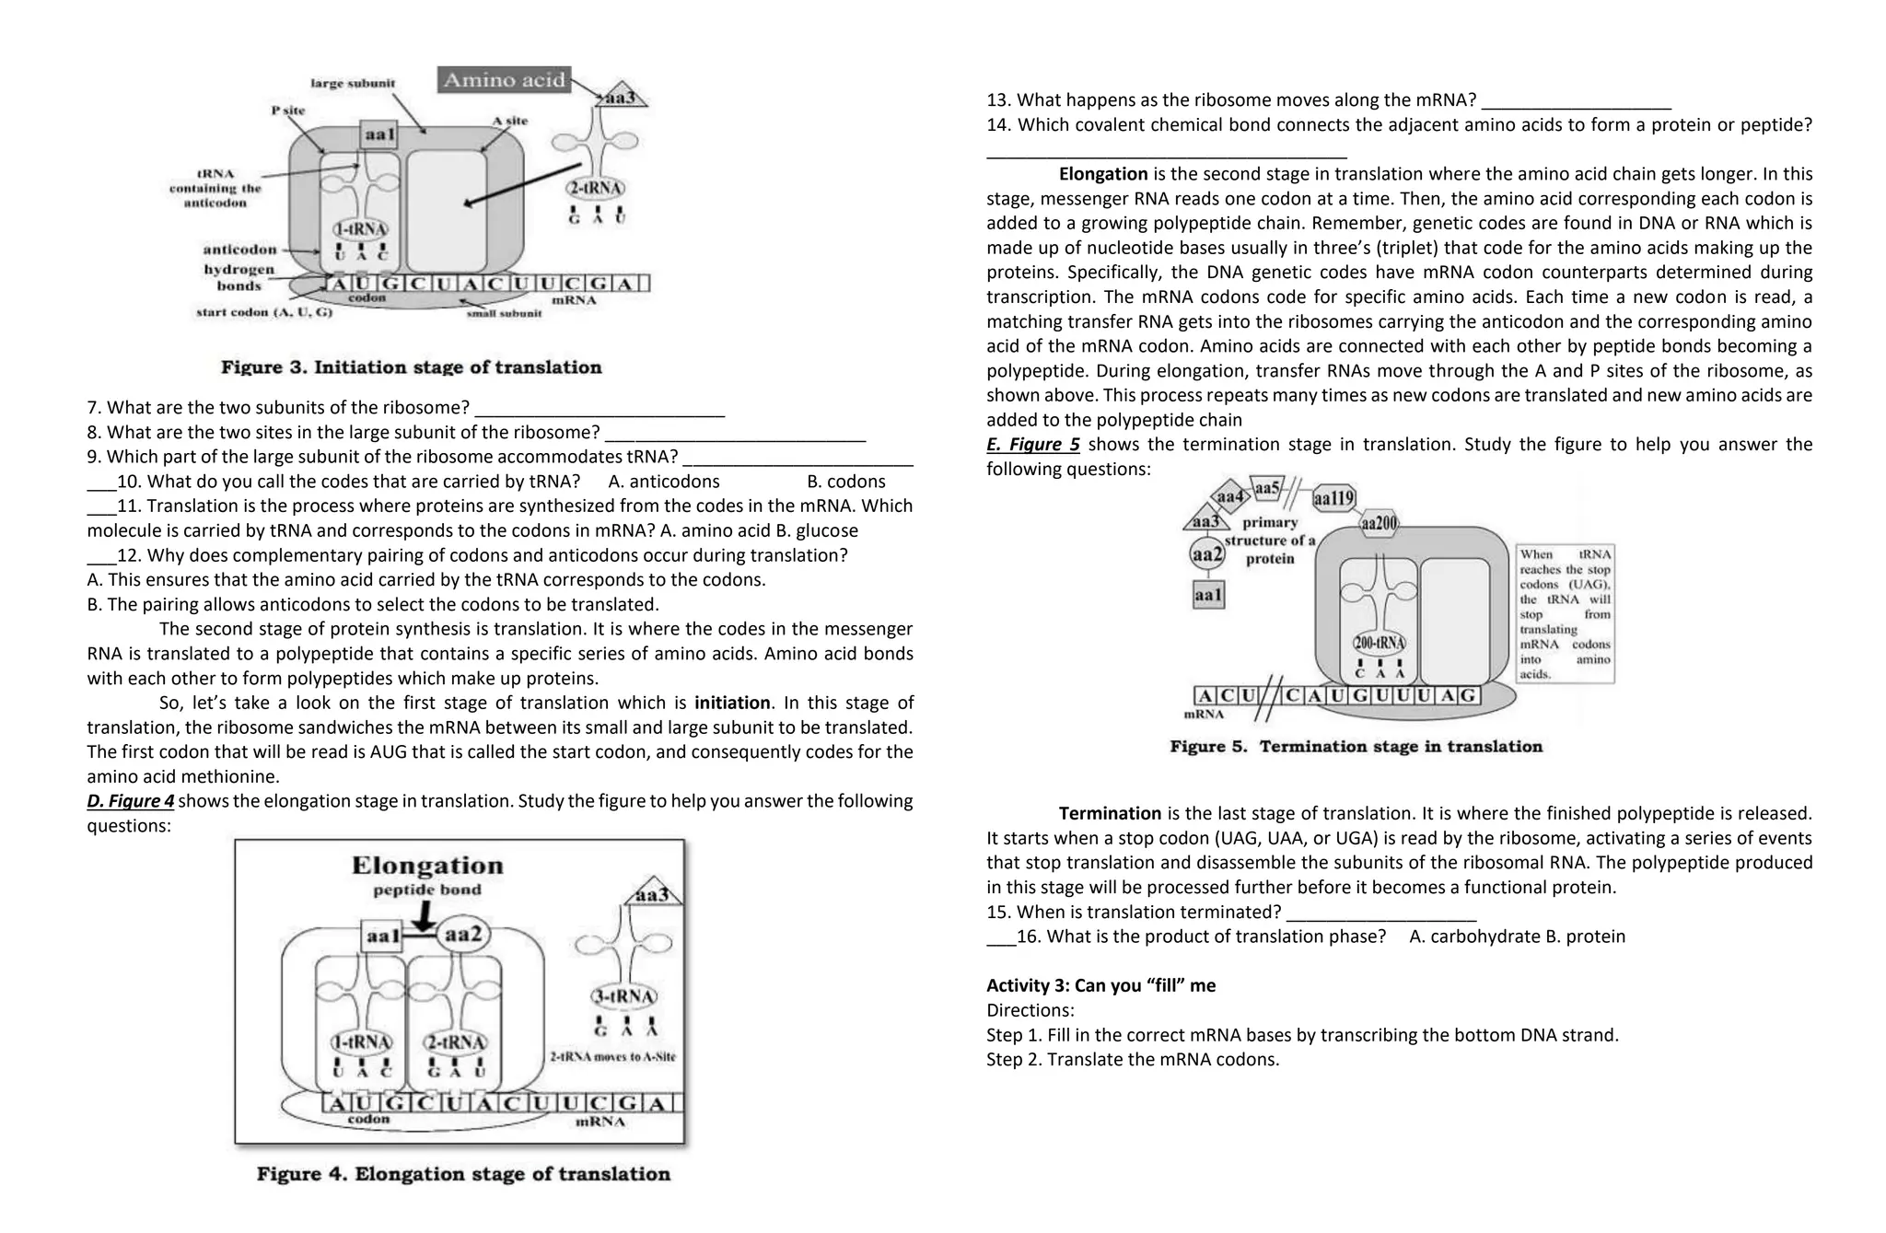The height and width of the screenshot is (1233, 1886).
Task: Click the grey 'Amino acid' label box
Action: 504,80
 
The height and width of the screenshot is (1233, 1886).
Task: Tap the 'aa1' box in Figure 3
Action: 379,134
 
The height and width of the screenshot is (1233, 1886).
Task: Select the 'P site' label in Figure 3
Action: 287,111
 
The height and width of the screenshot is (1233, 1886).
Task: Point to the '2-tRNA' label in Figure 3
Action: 596,189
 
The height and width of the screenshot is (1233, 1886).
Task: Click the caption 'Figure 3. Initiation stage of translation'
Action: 411,367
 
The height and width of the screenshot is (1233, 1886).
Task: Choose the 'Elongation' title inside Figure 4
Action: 427,866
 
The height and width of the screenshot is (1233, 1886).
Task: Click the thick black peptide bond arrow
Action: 424,915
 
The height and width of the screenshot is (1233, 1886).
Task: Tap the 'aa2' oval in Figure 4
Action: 462,935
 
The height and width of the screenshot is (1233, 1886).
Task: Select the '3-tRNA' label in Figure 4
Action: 623,996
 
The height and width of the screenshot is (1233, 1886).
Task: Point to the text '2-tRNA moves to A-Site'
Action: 612,1057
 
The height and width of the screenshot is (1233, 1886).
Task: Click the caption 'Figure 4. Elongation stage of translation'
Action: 463,1174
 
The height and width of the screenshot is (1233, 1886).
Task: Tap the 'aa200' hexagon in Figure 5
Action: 1379,523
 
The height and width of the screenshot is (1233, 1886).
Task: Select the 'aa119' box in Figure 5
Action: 1333,498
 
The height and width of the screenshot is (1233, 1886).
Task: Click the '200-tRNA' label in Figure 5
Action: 1379,642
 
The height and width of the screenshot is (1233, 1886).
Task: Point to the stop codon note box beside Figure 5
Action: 1565,613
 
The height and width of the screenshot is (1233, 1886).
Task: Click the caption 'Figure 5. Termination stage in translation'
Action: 1356,747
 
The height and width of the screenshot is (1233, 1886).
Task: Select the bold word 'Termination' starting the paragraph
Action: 1110,814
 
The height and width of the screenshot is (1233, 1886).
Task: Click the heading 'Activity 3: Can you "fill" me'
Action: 1100,986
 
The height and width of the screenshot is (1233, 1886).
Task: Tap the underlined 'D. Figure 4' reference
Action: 131,801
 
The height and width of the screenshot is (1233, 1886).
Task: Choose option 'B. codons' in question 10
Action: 845,482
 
